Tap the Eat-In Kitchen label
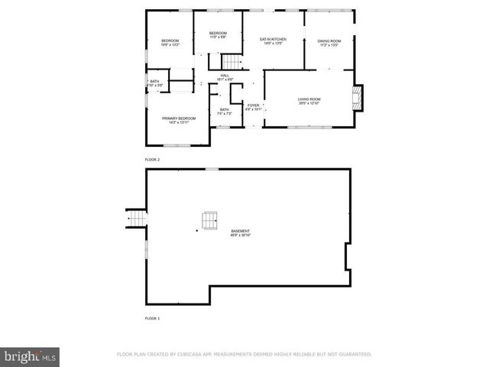273,40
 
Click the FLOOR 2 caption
153,159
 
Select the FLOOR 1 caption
153,318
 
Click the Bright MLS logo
30,356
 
